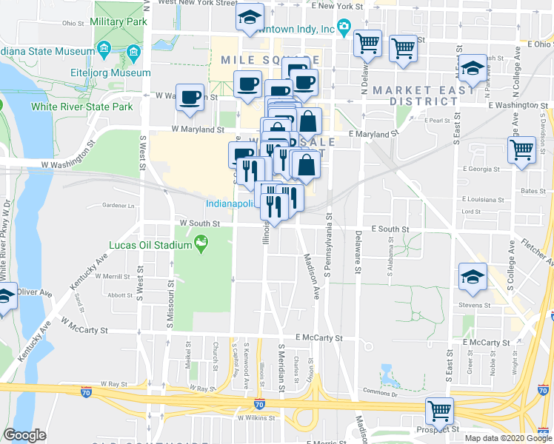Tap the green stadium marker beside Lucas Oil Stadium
pyautogui.click(x=201, y=243)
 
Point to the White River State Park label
pyautogui.click(x=81, y=107)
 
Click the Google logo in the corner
pyautogui.click(x=25, y=435)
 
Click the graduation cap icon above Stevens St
pyautogui.click(x=471, y=277)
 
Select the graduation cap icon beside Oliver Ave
pyautogui.click(x=4, y=297)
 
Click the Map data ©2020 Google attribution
pyautogui.click(x=508, y=438)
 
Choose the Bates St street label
pyautogui.click(x=533, y=190)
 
